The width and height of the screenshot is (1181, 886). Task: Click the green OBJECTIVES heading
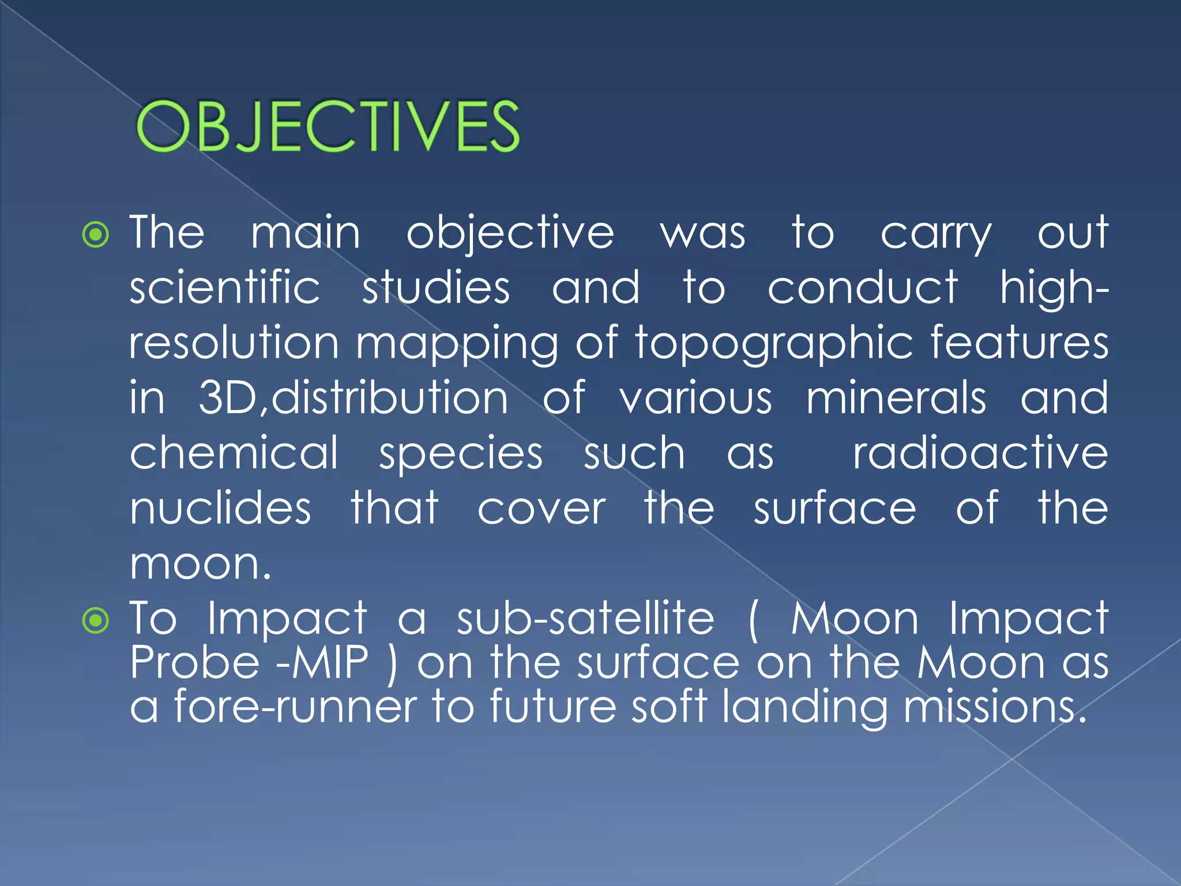point(328,126)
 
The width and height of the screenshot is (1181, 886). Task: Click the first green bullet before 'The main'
point(96,235)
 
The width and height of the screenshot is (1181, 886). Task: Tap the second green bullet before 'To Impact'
point(96,621)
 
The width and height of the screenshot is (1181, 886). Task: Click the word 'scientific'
point(224,287)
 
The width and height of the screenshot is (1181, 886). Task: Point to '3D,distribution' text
point(353,398)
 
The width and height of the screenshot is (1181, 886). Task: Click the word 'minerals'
point(896,398)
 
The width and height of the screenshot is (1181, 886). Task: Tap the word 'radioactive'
point(980,453)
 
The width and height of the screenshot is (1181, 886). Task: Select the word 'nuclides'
point(220,509)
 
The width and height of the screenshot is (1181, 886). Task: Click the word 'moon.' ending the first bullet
point(200,564)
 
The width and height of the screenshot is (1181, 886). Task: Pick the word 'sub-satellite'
point(585,618)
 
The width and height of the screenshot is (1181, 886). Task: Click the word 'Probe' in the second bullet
point(194,662)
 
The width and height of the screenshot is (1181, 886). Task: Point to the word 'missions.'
point(995,707)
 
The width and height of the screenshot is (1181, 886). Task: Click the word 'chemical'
point(234,453)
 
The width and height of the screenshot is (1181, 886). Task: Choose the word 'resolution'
point(234,343)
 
